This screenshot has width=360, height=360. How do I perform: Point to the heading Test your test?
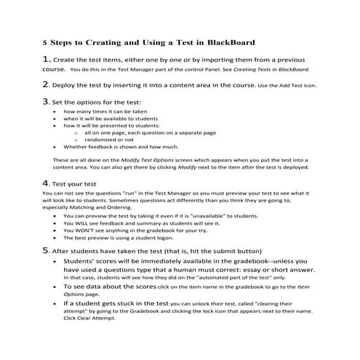click(x=81, y=183)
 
